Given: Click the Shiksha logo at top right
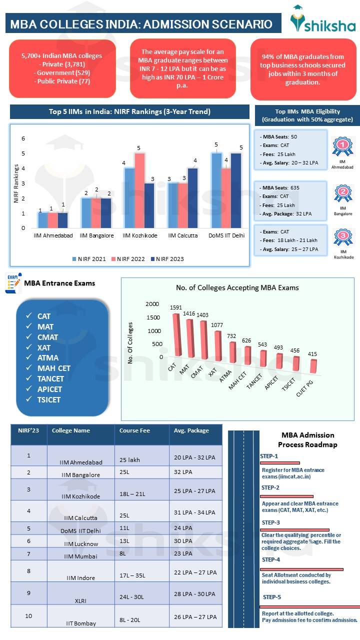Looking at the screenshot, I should click(x=322, y=21).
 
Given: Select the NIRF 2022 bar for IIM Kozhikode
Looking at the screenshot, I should click(x=139, y=190).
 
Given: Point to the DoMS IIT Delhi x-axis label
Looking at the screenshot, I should click(x=226, y=235).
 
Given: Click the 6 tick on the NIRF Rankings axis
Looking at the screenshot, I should click(x=22, y=138).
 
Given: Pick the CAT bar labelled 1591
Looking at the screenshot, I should click(x=176, y=335).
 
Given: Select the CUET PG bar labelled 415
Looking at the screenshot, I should click(x=313, y=366).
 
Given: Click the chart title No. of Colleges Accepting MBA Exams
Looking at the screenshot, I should click(x=237, y=287).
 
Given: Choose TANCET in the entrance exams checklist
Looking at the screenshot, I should click(x=50, y=378).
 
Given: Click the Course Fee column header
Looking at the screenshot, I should click(x=134, y=430).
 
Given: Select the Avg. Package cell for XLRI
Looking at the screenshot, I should click(x=194, y=594).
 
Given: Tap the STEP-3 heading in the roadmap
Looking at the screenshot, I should click(x=270, y=522).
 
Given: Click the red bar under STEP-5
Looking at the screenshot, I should click(x=310, y=607).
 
